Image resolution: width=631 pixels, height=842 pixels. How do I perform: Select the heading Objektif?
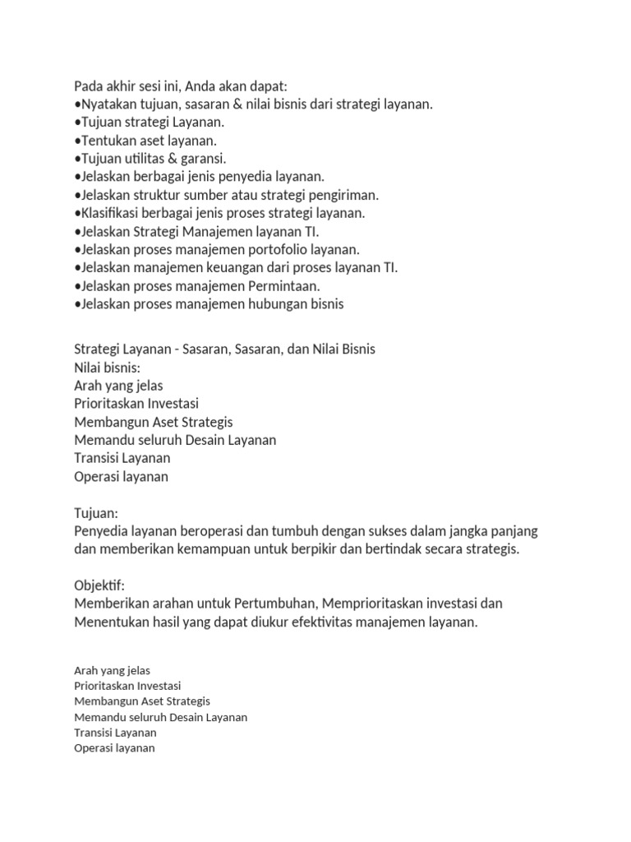(99, 585)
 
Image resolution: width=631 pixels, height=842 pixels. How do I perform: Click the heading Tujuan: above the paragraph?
(96, 512)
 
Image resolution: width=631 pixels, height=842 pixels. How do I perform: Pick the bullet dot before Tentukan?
(77, 141)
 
